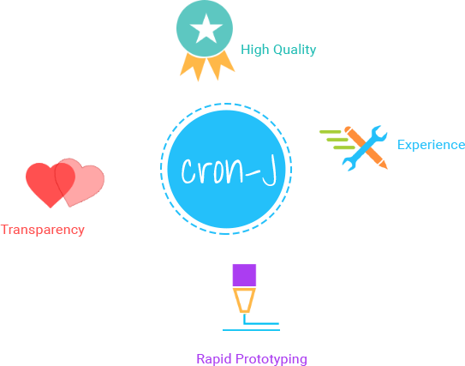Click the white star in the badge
coord(206,29)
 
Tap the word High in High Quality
coord(254,50)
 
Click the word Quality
coord(295,50)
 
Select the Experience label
coord(431,145)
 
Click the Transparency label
coord(43,230)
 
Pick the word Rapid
coord(214,359)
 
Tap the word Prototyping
coord(271,359)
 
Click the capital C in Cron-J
coord(188,171)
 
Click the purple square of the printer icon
coord(244,275)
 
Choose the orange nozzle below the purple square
coord(244,300)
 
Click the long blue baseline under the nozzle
coord(251,330)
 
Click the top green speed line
coord(331,132)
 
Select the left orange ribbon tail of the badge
coord(193,67)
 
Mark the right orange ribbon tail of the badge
coord(221,65)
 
